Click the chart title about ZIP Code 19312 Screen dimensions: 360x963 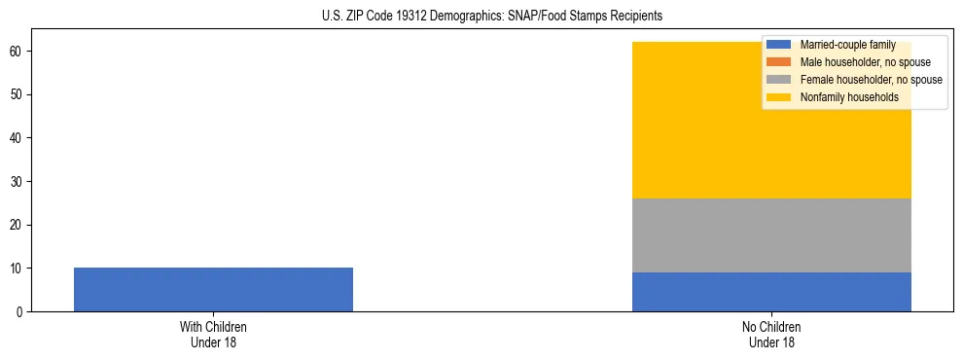491,17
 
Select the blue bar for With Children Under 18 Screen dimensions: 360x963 213,289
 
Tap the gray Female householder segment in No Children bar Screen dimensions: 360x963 771,235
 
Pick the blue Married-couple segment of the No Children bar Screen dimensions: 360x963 771,292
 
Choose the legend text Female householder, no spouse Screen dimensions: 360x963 871,80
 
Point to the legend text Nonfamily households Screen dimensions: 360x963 848,97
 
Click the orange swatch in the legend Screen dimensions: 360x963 779,62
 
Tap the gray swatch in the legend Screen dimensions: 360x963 779,80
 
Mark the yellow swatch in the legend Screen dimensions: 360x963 779,97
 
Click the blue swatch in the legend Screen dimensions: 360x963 779,45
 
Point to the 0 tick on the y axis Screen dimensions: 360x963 19,312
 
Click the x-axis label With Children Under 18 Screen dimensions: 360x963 213,335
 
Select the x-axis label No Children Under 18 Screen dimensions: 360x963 771,335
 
